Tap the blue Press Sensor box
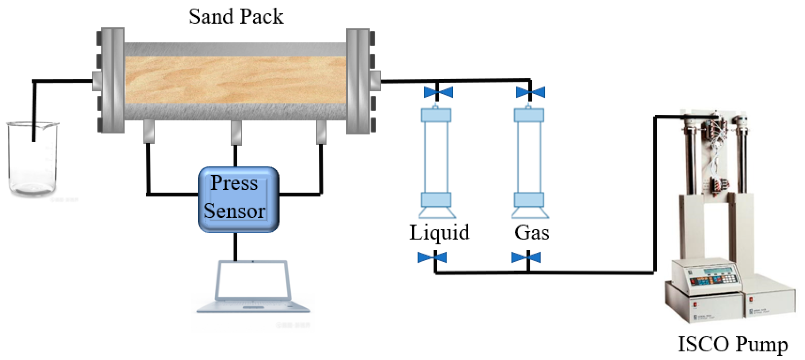click(238, 199)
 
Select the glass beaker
click(33, 159)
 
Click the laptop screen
click(252, 280)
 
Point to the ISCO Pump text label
click(732, 344)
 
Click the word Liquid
click(439, 232)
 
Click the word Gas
click(531, 232)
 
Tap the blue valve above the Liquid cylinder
click(438, 92)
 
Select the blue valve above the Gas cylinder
click(530, 92)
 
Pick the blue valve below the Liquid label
click(432, 258)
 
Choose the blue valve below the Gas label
click(526, 258)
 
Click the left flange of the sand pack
click(112, 81)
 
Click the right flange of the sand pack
click(359, 81)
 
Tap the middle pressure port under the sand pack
click(236, 133)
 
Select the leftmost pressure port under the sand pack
click(149, 132)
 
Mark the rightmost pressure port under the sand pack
click(321, 132)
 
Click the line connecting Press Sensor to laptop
click(235, 247)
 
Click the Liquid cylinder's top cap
click(436, 115)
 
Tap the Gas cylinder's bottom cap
click(529, 200)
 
